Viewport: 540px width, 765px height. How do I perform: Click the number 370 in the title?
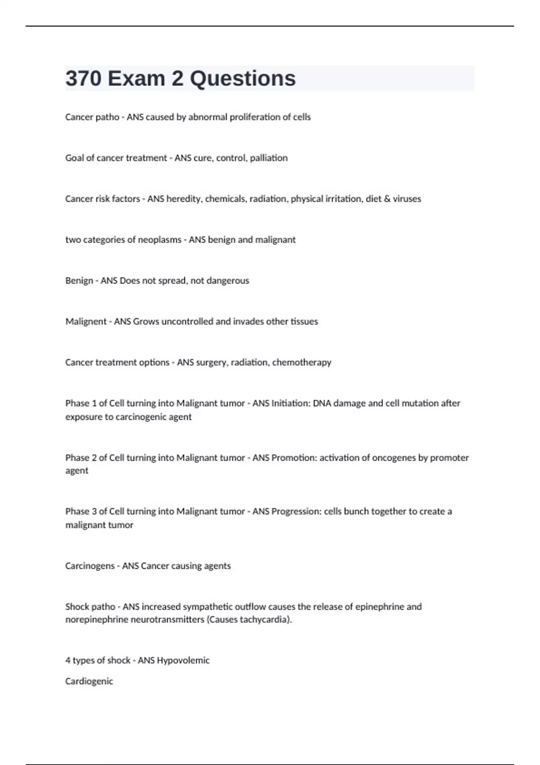coord(83,78)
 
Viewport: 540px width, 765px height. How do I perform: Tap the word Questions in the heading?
coord(243,78)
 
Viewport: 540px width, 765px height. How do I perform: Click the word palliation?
coord(269,158)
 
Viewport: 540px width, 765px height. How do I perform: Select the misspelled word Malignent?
coord(86,322)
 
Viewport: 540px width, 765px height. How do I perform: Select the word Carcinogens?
coord(90,566)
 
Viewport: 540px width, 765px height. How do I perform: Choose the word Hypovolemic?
coord(183,661)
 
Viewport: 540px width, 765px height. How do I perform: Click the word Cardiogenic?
coord(89,681)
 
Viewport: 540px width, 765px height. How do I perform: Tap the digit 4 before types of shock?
coord(67,661)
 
